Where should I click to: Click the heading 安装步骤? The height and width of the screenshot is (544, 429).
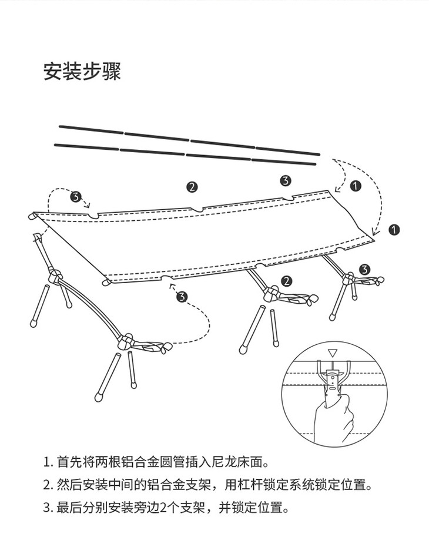(x=82, y=71)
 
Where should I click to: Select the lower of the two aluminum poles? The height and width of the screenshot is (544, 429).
(x=186, y=154)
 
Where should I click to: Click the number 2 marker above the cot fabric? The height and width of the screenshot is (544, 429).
(x=192, y=187)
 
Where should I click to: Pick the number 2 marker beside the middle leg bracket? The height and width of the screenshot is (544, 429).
(x=286, y=281)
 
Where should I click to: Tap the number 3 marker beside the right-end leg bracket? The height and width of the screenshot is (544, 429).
(x=365, y=269)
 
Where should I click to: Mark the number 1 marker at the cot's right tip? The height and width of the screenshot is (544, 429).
(x=394, y=230)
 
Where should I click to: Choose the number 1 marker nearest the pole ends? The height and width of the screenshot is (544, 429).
(x=354, y=185)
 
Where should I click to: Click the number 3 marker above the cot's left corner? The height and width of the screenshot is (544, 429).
(x=75, y=197)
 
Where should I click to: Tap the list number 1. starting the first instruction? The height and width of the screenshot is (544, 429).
(x=48, y=462)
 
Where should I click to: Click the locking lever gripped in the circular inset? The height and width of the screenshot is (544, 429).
(x=333, y=379)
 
